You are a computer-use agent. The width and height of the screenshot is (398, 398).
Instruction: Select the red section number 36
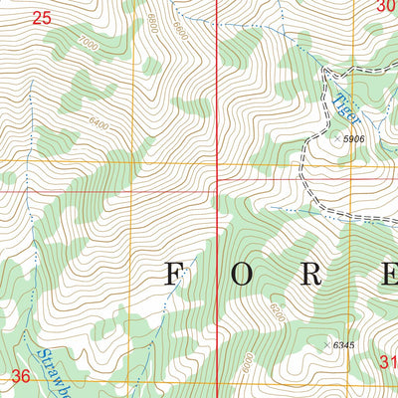click(x=20, y=376)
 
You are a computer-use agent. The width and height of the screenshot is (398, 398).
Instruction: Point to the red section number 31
click(x=389, y=365)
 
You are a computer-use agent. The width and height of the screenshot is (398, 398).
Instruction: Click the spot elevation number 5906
click(x=364, y=140)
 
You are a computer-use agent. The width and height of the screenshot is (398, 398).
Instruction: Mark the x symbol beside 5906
click(x=339, y=138)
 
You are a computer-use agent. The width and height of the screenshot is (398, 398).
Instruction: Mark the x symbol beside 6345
click(x=325, y=344)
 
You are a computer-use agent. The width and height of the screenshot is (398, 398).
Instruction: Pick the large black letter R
click(x=311, y=275)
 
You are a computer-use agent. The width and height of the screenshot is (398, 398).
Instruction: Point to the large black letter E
click(x=384, y=275)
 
